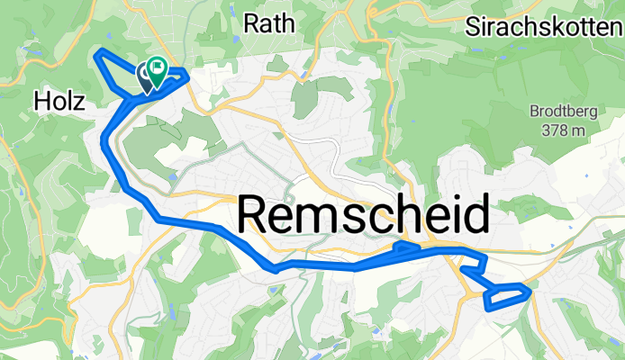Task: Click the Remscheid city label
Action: (x=365, y=217)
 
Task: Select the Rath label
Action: (x=269, y=23)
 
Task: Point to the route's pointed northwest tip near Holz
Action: (x=97, y=56)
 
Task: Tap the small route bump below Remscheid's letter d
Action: (x=407, y=244)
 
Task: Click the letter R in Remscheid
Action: (x=257, y=217)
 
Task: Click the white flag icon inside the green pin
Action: (x=159, y=65)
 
